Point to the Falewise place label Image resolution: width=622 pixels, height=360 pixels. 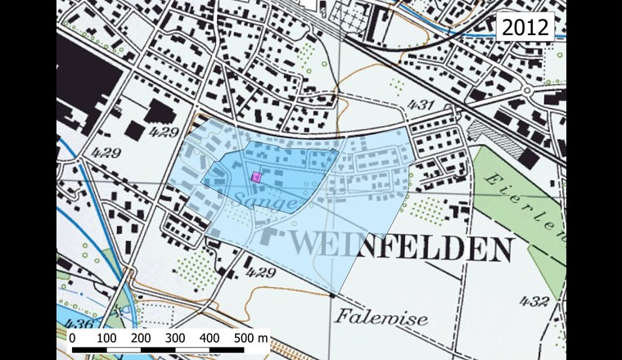click(381, 318)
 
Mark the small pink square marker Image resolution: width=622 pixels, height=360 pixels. click(255, 176)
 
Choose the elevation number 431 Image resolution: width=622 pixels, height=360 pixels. click(419, 105)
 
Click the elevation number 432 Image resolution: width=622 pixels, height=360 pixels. click(534, 301)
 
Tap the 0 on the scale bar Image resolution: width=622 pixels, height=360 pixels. click(72, 337)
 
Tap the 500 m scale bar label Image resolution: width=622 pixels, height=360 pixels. click(251, 337)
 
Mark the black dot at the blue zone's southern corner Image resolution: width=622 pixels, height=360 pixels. click(332, 292)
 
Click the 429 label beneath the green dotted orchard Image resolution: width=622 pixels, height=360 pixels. click(258, 272)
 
